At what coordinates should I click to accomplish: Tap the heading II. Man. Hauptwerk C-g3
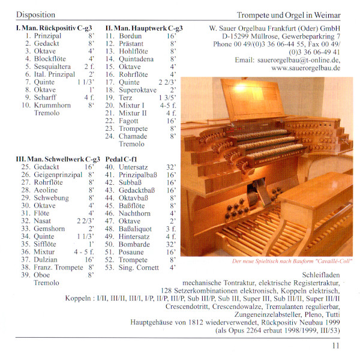click(x=144, y=28)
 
